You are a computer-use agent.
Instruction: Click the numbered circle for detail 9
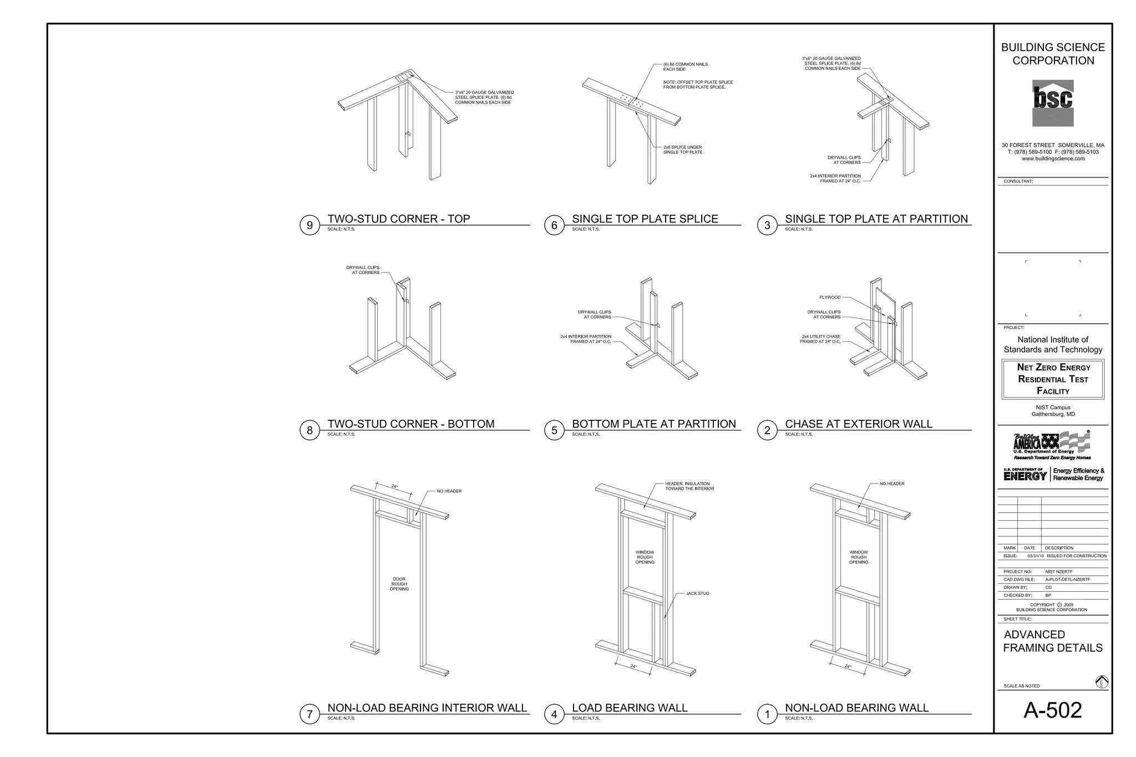pyautogui.click(x=310, y=225)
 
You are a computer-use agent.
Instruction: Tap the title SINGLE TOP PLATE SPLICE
pyautogui.click(x=645, y=219)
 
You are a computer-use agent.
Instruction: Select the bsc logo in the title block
pyautogui.click(x=1053, y=103)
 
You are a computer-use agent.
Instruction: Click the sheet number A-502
pyautogui.click(x=1052, y=710)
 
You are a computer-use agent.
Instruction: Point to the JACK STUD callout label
pyautogui.click(x=697, y=593)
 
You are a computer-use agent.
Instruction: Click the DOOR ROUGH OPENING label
pyautogui.click(x=399, y=584)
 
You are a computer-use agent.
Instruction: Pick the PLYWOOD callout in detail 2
pyautogui.click(x=830, y=297)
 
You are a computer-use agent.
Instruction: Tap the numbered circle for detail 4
pyautogui.click(x=554, y=714)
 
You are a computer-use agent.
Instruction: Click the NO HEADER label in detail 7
pyautogui.click(x=449, y=491)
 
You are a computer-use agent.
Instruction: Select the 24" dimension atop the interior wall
pyautogui.click(x=394, y=486)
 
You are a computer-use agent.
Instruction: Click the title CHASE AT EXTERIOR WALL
pyautogui.click(x=858, y=424)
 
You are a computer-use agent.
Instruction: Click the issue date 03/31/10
pyautogui.click(x=1035, y=556)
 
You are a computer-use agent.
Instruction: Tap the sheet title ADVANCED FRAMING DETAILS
pyautogui.click(x=1052, y=641)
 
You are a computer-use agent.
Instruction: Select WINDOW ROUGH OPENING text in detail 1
pyautogui.click(x=858, y=557)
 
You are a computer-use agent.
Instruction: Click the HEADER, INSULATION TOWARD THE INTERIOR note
pyautogui.click(x=689, y=486)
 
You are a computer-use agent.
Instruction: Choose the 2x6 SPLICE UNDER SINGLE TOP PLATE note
pyautogui.click(x=682, y=150)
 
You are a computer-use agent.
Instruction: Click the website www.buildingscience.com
pyautogui.click(x=1053, y=159)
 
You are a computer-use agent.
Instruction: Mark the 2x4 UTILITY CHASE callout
pyautogui.click(x=820, y=339)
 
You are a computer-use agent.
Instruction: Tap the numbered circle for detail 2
pyautogui.click(x=767, y=430)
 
